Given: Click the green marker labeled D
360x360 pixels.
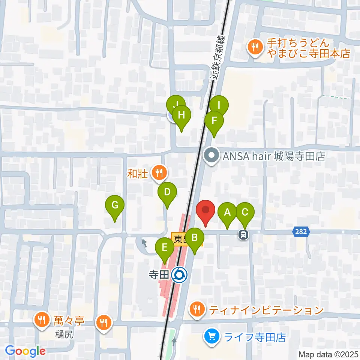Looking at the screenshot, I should pos(167,193).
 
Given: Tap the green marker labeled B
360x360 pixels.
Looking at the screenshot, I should pos(194,239).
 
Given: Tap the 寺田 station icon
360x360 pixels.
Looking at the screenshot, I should pos(179,276).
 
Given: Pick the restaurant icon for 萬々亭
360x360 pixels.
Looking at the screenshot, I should pos(40,320).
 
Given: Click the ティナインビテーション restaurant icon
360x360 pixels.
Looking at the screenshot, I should pos(197,309).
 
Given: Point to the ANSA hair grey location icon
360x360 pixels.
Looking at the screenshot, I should pos(211,156).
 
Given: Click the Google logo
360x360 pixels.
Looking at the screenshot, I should pos(25,351).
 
